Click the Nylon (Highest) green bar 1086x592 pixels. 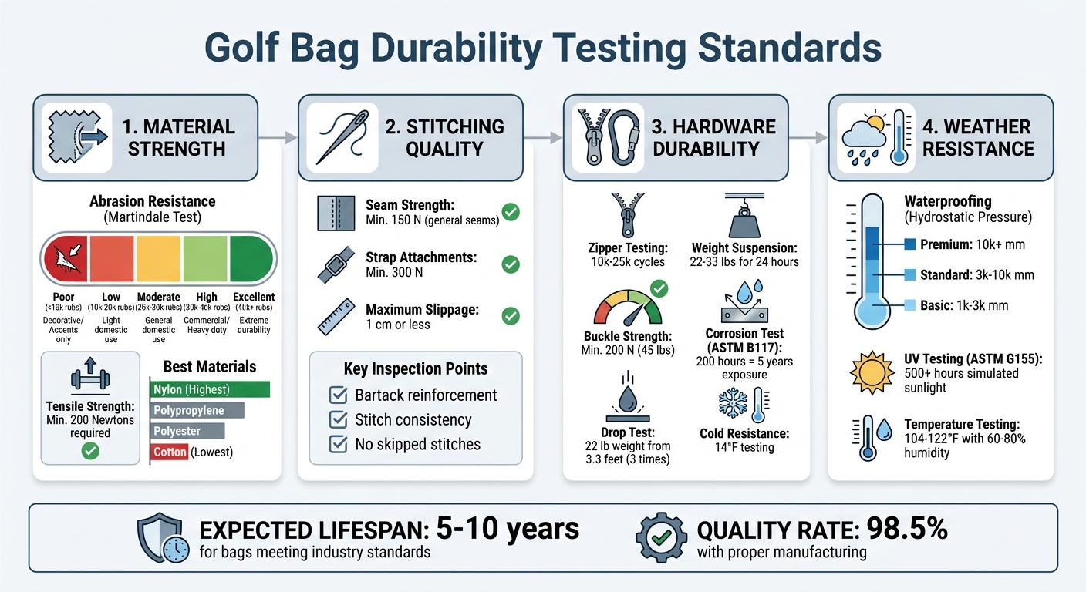[x=210, y=389]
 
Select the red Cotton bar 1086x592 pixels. [x=169, y=452]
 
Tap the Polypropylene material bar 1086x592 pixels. [x=197, y=410]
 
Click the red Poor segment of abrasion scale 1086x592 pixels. [x=66, y=260]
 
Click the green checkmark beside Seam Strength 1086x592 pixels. [x=510, y=211]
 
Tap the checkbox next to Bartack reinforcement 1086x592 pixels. [x=338, y=395]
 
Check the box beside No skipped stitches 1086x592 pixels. [x=338, y=444]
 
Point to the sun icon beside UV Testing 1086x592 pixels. [x=871, y=372]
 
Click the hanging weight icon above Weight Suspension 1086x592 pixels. [x=744, y=217]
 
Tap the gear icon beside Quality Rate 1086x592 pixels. [x=661, y=536]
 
